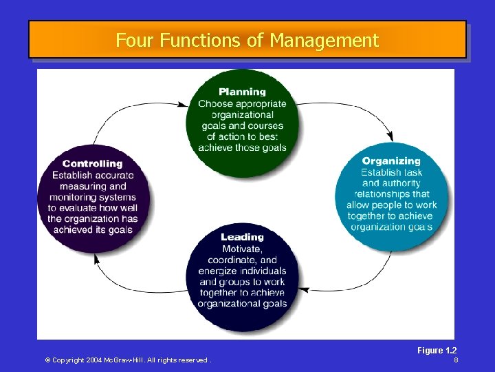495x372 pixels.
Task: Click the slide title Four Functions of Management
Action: pyautogui.click(x=247, y=41)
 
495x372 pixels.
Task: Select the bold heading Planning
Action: pyautogui.click(x=242, y=92)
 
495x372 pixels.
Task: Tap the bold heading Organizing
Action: pyautogui.click(x=391, y=161)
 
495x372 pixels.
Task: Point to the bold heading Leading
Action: pyautogui.click(x=242, y=237)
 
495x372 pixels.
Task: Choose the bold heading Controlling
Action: pyautogui.click(x=92, y=164)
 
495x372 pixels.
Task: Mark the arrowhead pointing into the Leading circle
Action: pyautogui.click(x=303, y=287)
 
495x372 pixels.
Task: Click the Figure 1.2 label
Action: pyautogui.click(x=437, y=351)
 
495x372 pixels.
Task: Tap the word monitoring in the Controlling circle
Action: pyautogui.click(x=71, y=197)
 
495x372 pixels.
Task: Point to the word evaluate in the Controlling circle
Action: pyautogui.click(x=78, y=208)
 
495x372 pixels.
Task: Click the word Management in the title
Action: pyautogui.click(x=324, y=41)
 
